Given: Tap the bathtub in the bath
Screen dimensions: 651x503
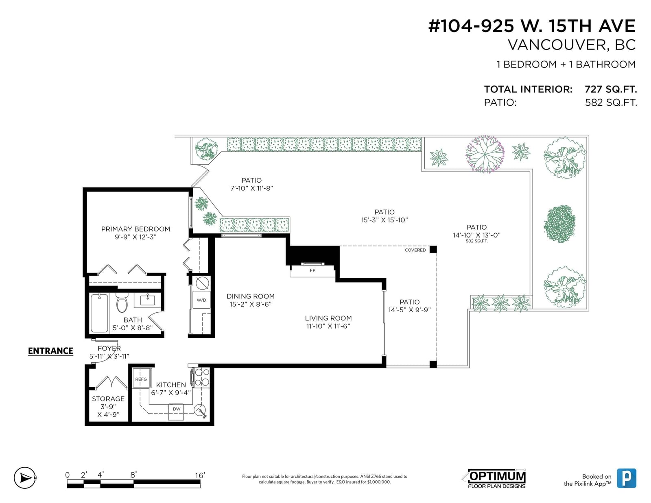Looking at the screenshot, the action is coord(99,313).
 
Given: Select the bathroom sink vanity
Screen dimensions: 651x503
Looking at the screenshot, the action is coord(147,300).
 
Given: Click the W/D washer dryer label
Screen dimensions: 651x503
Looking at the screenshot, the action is coord(201,300).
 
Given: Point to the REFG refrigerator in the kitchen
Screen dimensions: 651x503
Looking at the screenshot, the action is coord(142,378).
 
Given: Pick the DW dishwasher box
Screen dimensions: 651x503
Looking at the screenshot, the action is coord(176,412).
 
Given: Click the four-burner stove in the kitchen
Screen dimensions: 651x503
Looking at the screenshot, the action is coord(202,377).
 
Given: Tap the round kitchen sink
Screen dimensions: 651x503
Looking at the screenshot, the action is coord(199,410).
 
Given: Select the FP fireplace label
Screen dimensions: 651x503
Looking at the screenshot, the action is coord(312,270).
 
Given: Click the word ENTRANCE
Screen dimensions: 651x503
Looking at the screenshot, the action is coord(50,351).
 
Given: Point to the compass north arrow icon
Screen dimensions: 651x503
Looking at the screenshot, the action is coord(25,478).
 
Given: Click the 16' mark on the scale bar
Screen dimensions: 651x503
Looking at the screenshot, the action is coord(200,475).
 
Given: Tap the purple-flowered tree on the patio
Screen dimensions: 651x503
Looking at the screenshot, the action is coord(485,154).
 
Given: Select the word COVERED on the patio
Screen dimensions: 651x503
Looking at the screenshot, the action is coord(415,250).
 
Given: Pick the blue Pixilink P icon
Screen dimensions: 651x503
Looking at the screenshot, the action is coord(627,478).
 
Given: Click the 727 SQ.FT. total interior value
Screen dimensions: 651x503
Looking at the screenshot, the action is coord(611,89).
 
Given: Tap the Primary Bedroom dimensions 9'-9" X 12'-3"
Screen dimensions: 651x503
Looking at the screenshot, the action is coord(136,237).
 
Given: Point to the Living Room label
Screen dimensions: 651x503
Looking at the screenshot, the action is coord(328,318).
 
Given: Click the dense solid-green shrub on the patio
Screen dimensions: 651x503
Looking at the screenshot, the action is coord(559,224).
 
